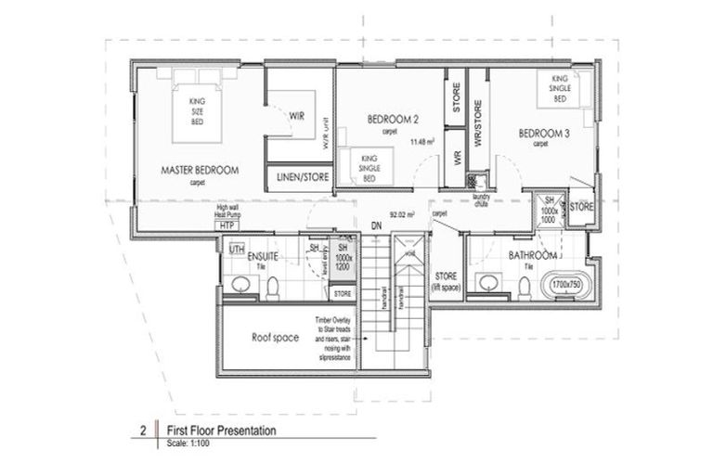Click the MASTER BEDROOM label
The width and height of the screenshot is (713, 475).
point(201,170)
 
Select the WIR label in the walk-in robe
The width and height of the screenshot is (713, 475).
point(297,116)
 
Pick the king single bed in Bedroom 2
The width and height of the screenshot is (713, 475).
point(368,166)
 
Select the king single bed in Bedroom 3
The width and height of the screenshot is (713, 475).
point(559,89)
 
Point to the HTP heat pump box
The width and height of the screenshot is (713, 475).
point(225,225)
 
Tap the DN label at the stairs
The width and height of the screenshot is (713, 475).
point(377,225)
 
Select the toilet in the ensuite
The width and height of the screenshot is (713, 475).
point(274,289)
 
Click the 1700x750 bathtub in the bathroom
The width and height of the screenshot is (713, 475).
point(566,284)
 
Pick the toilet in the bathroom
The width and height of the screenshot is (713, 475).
point(524,289)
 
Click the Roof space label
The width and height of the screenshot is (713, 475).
point(274,338)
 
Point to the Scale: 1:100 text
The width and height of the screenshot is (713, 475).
point(191,443)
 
